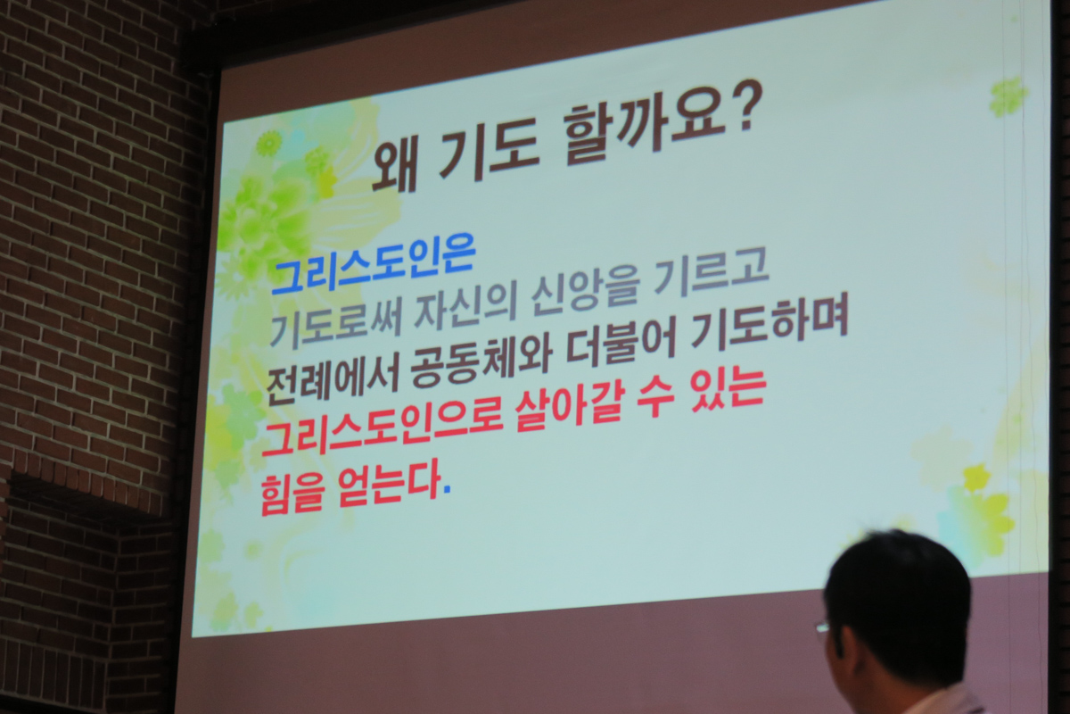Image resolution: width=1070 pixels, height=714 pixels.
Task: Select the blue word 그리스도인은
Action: pos(373,269)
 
